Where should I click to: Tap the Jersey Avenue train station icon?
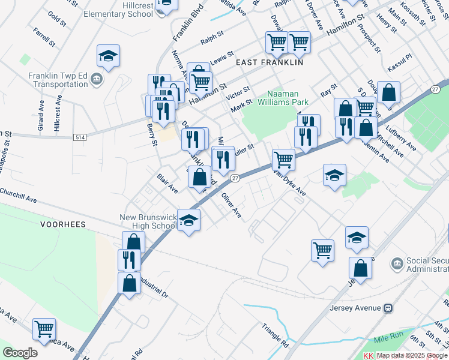(x=388, y=308)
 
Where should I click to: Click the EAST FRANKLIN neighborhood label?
(x=270, y=62)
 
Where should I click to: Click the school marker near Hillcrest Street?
(x=108, y=56)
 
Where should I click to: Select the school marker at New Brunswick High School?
(x=188, y=220)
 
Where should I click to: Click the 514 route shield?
(x=79, y=137)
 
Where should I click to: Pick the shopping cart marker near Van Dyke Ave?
(x=283, y=160)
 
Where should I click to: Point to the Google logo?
(x=20, y=353)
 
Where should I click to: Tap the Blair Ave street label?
(x=167, y=184)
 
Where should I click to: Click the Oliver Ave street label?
(x=231, y=205)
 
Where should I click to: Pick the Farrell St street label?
(x=44, y=37)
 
